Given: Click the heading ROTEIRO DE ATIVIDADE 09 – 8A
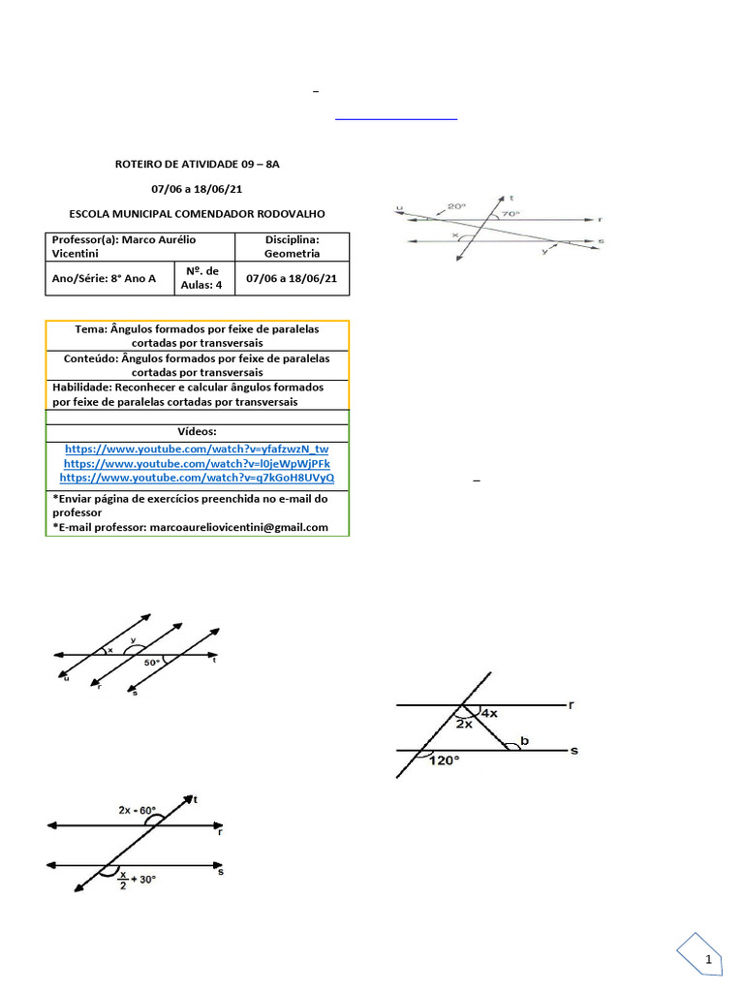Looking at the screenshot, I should coord(197,164).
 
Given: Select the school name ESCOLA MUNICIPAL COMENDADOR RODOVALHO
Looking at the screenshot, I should coord(198,213).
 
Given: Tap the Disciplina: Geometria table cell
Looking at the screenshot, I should coord(292,246).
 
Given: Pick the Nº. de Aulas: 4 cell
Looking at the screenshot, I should coord(200,278).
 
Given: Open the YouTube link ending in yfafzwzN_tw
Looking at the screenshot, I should coord(197,449).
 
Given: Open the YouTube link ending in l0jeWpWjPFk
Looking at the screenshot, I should coord(197,464).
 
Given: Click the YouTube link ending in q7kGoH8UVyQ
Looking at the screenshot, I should coord(197,479).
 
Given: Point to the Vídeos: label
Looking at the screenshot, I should coord(197,431).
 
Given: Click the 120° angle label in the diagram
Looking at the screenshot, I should coord(444,761).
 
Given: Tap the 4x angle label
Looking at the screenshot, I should coord(489,714).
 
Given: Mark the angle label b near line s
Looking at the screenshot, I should coord(524,742).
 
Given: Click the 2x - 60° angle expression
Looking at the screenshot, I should coord(137,810).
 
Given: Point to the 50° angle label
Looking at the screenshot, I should coord(152,664).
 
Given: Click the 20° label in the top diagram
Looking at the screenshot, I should coord(456,206).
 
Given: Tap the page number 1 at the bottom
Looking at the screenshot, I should coord(708,959).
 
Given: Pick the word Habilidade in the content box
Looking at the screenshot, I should coord(81,387).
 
